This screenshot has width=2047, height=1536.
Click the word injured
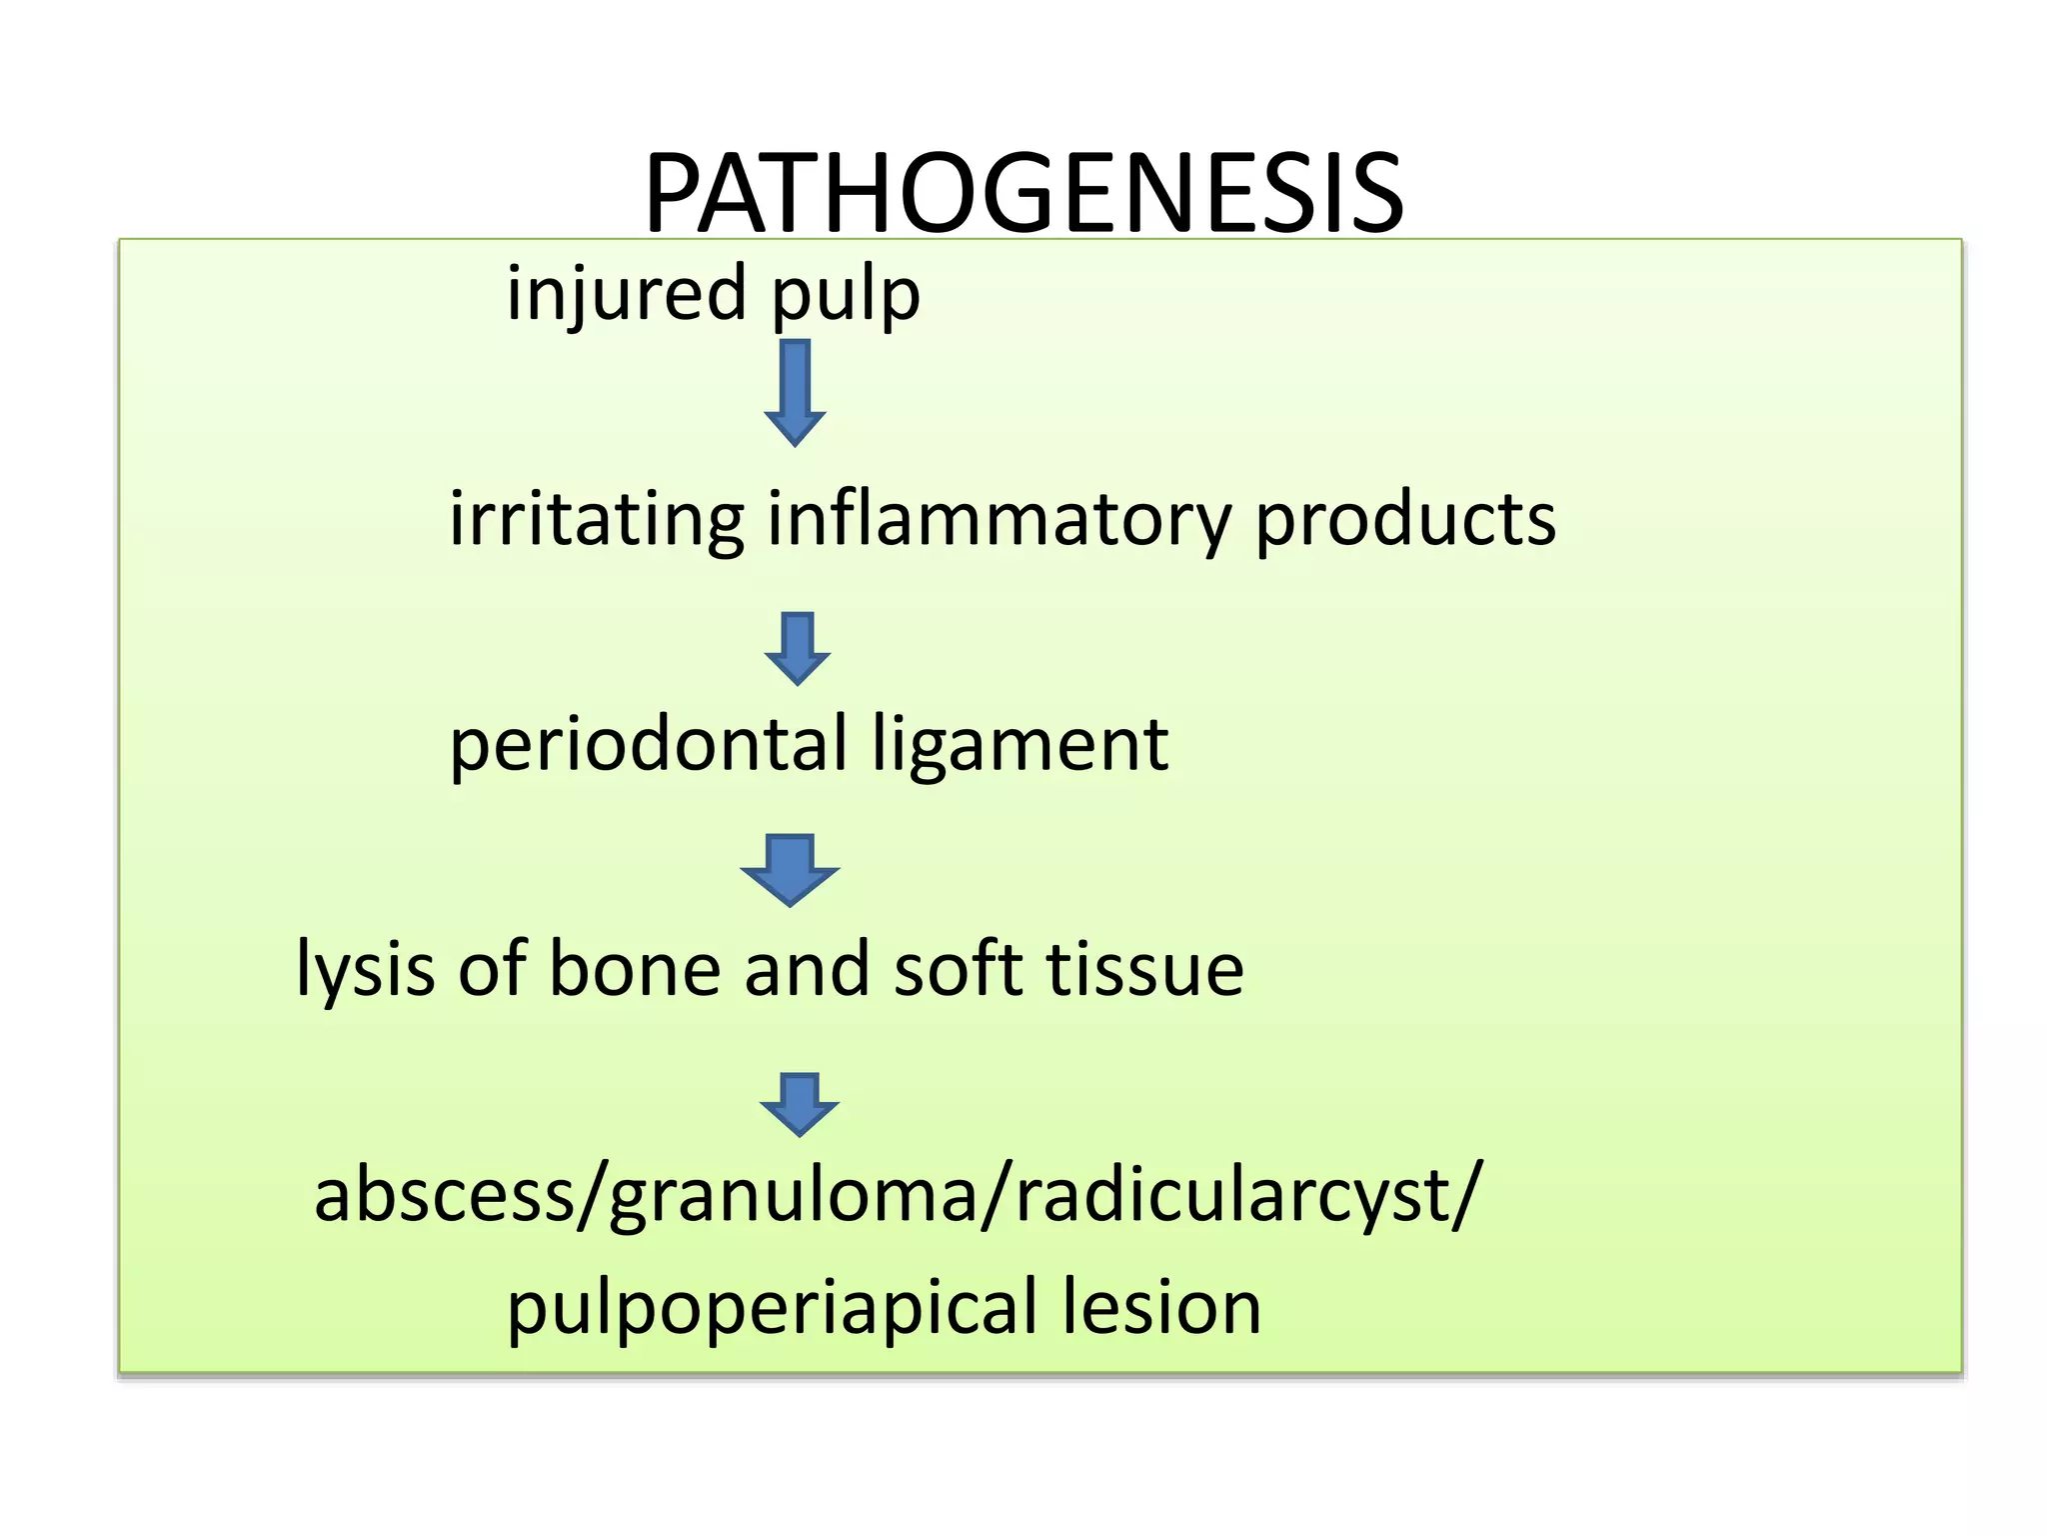[x=627, y=293]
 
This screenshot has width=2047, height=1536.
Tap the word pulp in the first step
[x=846, y=297]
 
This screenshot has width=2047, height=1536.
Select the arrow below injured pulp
[x=795, y=391]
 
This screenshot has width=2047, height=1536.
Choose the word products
[x=1405, y=520]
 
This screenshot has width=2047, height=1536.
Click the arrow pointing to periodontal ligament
[x=797, y=648]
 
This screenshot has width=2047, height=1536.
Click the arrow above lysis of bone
[x=790, y=869]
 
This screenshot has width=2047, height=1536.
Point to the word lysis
[x=366, y=970]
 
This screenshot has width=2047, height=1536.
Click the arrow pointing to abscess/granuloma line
[x=799, y=1103]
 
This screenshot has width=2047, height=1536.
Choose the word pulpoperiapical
[x=773, y=1310]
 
